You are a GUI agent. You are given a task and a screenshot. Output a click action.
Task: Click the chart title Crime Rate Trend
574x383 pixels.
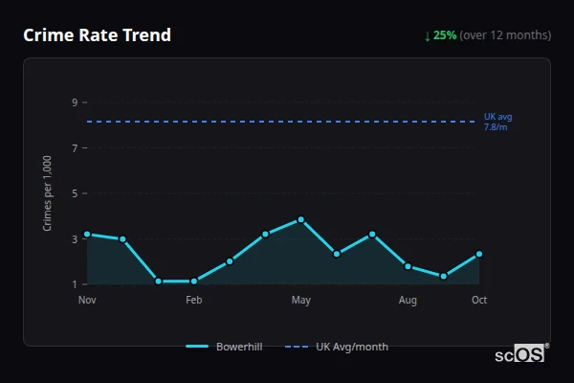point(97,35)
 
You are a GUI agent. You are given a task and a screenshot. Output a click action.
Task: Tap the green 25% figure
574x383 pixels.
point(445,35)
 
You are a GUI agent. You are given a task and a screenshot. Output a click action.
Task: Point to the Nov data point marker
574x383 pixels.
point(87,234)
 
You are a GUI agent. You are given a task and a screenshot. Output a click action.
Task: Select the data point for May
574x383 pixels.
point(301,219)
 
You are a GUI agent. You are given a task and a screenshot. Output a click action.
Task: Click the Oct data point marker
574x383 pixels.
point(479,255)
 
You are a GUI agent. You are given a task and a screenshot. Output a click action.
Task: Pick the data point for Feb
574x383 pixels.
point(194,282)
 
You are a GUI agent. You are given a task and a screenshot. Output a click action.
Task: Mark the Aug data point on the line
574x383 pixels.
point(408,266)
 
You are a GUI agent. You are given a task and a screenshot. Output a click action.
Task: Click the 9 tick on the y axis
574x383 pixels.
point(74,102)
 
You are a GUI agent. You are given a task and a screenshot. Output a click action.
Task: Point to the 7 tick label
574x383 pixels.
point(74,148)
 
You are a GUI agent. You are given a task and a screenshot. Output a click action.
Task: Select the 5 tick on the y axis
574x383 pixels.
point(74,193)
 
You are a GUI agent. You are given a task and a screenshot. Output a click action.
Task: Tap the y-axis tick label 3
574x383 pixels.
point(74,239)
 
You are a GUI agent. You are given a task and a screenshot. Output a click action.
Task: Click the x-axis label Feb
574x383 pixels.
point(194,301)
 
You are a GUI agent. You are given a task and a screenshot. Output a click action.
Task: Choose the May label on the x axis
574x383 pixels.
point(301,301)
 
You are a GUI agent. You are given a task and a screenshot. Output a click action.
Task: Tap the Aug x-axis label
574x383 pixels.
point(408,301)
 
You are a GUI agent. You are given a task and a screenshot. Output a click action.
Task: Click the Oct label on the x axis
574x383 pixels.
point(479,301)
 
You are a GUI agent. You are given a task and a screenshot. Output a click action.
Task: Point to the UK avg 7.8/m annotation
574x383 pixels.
point(497,122)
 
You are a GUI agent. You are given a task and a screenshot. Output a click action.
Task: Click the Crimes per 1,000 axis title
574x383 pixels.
point(48,192)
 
